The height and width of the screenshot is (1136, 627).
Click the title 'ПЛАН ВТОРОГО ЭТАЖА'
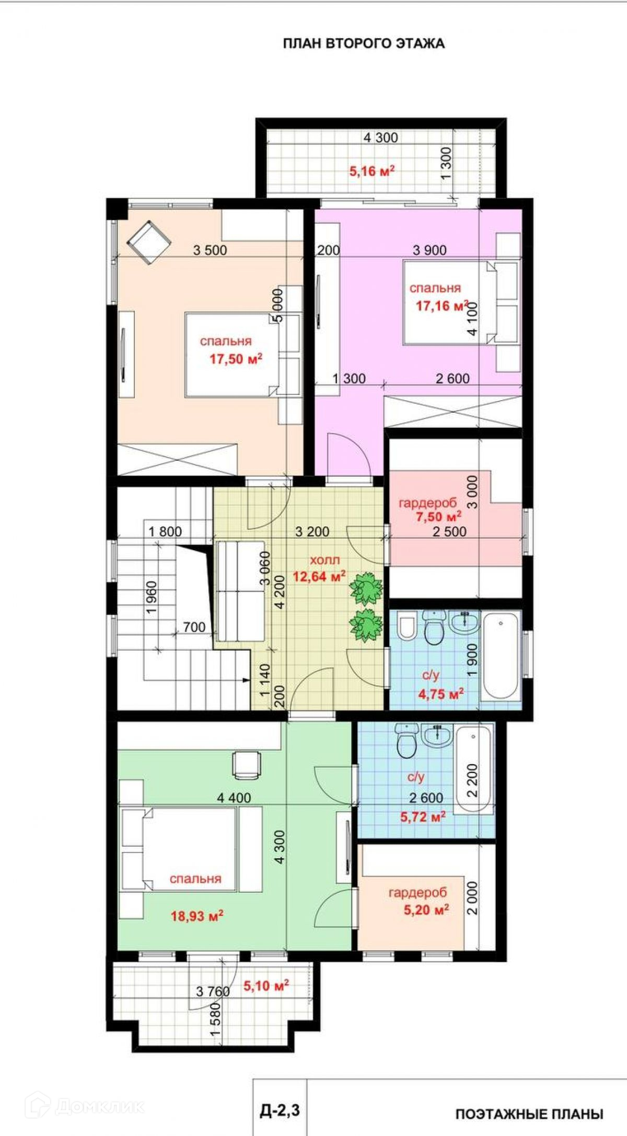(364, 43)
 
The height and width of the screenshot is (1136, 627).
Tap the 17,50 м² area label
(236, 359)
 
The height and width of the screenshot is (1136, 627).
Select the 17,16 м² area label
(442, 305)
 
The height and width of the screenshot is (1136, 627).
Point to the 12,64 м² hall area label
(319, 576)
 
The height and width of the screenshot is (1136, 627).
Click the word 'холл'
(324, 561)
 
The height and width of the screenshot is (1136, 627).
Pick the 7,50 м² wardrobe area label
(438, 517)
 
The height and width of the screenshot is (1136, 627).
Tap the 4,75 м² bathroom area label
(441, 694)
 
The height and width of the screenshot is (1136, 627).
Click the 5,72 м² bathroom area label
(423, 816)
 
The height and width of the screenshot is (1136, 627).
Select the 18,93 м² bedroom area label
(197, 916)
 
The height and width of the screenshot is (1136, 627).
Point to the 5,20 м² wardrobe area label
(426, 910)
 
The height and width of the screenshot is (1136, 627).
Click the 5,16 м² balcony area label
(371, 171)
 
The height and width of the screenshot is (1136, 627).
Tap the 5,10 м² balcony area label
(266, 986)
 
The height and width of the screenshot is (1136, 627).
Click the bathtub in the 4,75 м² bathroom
(500, 656)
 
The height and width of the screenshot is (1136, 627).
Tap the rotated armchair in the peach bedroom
(149, 242)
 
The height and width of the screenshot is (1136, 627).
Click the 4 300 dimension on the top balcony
(381, 138)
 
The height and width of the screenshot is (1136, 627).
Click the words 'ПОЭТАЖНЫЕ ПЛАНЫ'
(529, 1115)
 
